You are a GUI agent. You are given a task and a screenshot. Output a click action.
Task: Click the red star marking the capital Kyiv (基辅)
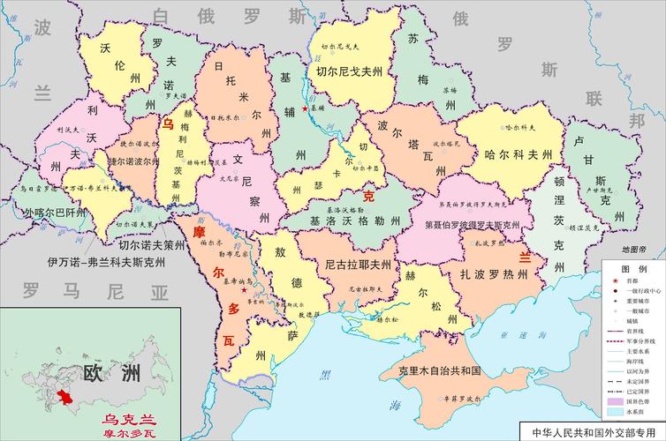306,108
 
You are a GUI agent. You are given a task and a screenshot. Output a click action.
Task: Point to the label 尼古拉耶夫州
357,264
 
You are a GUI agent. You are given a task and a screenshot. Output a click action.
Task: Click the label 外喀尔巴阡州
56,213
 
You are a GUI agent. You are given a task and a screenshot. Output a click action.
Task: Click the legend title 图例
631,267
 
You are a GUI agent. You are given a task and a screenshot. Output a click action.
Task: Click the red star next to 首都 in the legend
612,280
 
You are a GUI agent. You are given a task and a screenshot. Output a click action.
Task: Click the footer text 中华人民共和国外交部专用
589,432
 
